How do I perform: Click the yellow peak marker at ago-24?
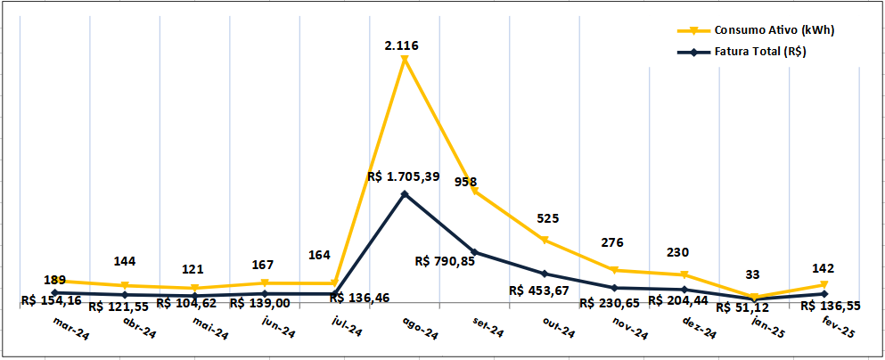coord(405,60)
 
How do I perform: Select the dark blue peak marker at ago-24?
coord(405,193)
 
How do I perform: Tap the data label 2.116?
coord(402,44)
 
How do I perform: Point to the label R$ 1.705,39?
coord(403,176)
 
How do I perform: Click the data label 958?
coord(465,181)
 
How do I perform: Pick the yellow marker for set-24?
coord(474,192)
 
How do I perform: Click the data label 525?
coord(547,218)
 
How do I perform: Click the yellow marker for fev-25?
coord(824,285)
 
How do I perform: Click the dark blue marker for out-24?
coord(545,274)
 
